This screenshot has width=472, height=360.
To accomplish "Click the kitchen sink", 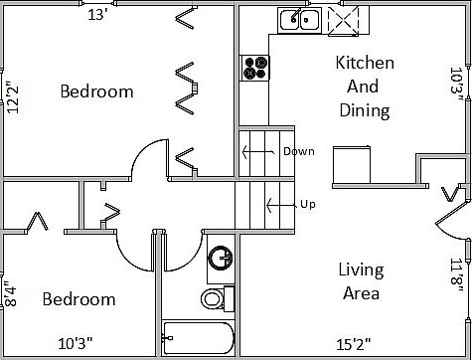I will coord(299,19).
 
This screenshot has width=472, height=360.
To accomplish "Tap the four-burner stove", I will coord(255,67).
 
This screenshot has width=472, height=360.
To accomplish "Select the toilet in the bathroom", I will coord(212,297).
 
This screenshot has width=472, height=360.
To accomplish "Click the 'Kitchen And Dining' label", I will coord(365,87).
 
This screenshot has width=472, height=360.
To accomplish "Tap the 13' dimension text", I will coord(98,15).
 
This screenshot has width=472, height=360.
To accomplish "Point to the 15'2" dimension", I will coord(354,345).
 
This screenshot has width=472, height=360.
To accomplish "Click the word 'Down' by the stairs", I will coord(297,152).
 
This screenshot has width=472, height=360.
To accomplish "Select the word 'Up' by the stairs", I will coord(307,205).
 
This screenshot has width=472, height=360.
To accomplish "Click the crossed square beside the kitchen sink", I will coord(344,19).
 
